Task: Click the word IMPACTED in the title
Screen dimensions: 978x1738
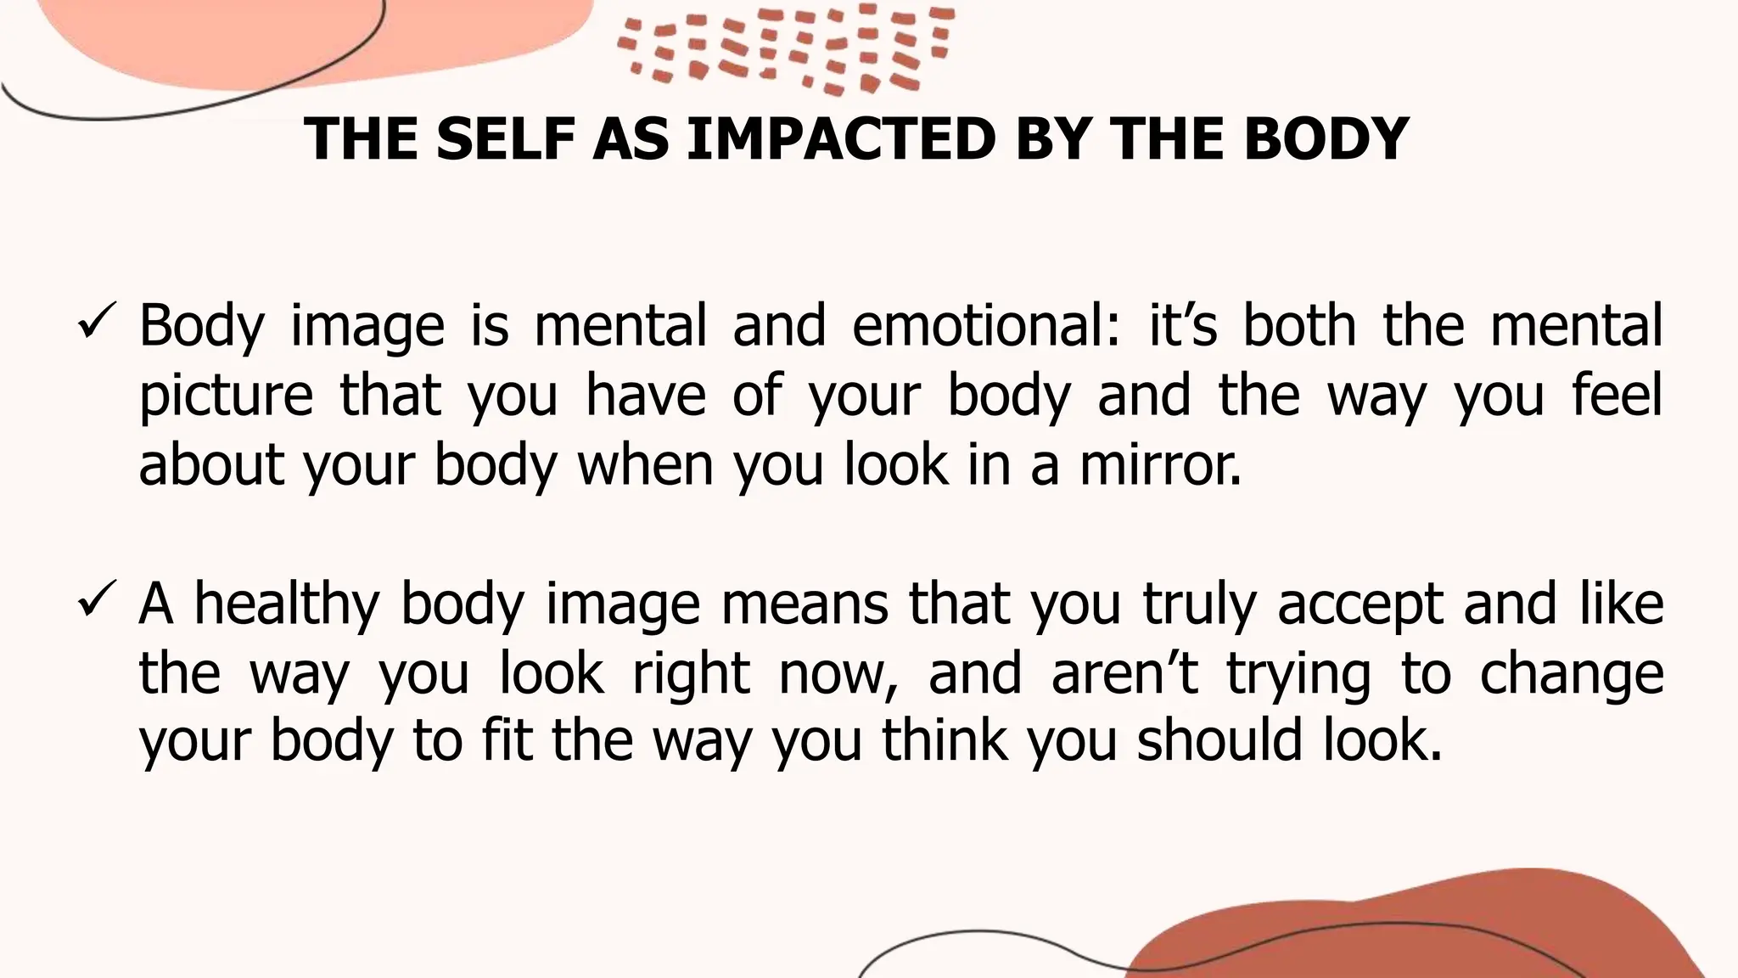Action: (x=840, y=138)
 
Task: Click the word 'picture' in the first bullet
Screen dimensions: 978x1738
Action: (x=226, y=396)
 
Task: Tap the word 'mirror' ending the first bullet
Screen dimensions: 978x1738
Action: (x=1159, y=465)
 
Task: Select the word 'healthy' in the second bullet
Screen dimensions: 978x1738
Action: (x=286, y=604)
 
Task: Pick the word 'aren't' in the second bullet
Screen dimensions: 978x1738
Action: (x=1124, y=672)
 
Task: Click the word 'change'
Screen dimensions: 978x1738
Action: (x=1572, y=674)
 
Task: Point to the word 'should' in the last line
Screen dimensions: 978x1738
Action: (x=1219, y=740)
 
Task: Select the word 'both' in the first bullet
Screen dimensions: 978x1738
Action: (x=1299, y=325)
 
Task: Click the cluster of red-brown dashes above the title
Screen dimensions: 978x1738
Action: (x=785, y=47)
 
